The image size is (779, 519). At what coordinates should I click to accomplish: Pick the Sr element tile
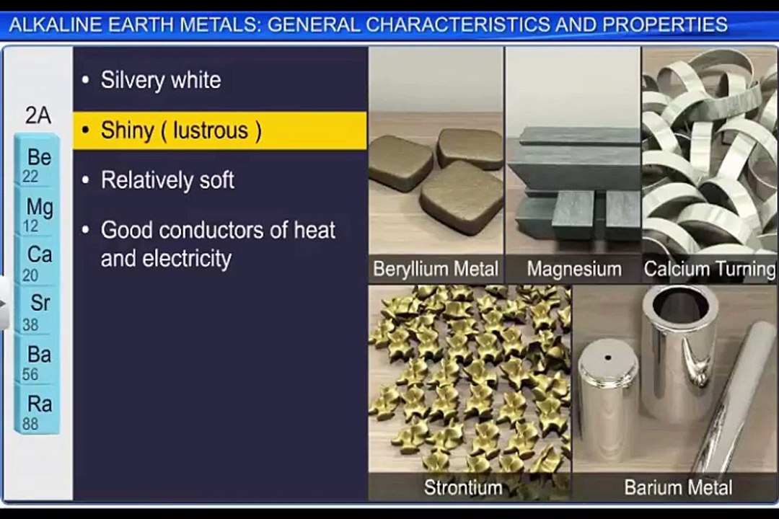(x=38, y=311)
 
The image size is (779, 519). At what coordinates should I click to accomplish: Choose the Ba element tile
(x=38, y=362)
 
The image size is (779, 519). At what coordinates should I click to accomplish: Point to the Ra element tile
(x=38, y=412)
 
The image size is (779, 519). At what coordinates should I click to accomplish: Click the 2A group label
(x=38, y=115)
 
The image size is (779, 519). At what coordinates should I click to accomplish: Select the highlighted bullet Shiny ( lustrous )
(x=180, y=130)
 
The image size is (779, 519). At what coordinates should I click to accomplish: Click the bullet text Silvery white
(x=160, y=80)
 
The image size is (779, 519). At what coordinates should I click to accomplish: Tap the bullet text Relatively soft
(x=167, y=180)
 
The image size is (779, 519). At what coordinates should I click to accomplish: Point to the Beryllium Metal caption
(x=435, y=270)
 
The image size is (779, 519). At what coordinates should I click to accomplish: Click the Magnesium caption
(x=573, y=270)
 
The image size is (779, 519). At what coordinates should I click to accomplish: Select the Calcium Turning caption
(x=709, y=270)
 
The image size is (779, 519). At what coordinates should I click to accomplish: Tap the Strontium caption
(x=462, y=487)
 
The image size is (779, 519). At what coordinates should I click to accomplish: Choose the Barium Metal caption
(x=678, y=487)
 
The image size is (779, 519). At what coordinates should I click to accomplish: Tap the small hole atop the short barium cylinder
(x=608, y=357)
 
